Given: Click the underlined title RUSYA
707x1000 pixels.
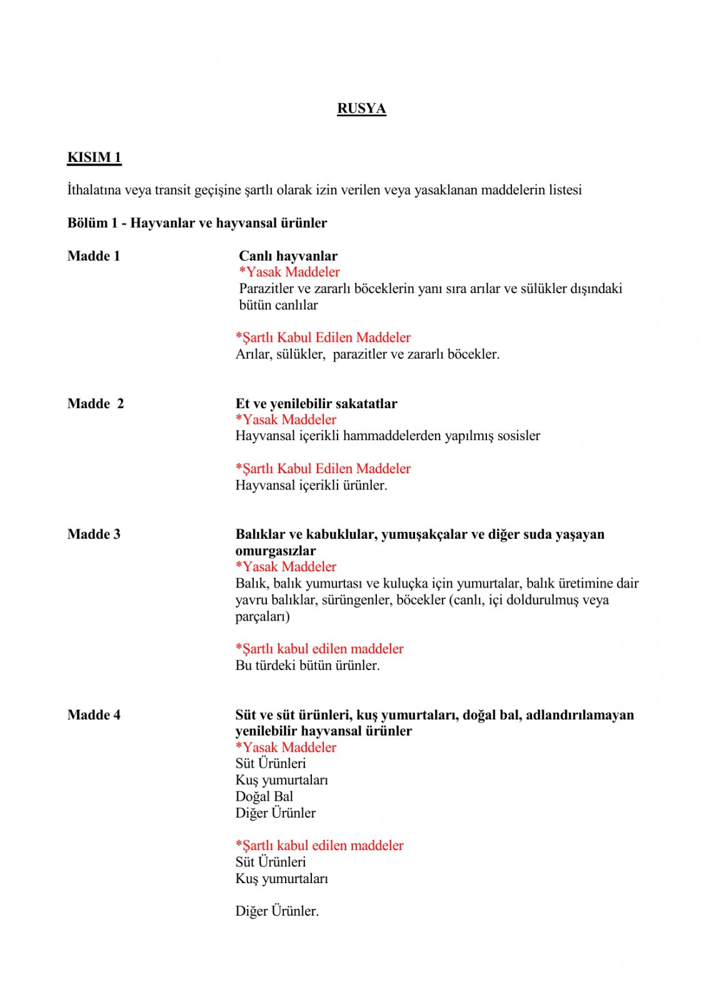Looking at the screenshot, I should tap(361, 109).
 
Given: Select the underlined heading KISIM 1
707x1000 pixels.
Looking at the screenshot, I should tap(94, 157).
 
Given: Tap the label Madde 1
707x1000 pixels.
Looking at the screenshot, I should tap(94, 256).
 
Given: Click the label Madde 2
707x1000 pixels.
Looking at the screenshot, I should tap(96, 404).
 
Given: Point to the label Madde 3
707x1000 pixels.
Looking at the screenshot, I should tap(94, 534).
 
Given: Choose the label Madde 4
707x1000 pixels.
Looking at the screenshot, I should tap(94, 715).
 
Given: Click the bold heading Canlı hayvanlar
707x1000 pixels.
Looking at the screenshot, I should tap(288, 256).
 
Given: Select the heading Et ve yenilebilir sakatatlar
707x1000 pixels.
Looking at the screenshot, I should tap(316, 404).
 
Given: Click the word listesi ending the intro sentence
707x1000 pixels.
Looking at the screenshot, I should tap(565, 190).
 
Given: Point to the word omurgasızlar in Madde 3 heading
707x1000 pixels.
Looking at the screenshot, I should tap(276, 551).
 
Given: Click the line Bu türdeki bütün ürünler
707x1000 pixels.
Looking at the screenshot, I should tap(308, 666).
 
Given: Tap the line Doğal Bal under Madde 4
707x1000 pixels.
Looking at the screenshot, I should tap(264, 797).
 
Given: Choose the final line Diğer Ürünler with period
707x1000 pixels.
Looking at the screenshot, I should tap(277, 911).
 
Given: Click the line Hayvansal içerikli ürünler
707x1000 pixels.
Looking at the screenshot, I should tap(311, 486).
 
